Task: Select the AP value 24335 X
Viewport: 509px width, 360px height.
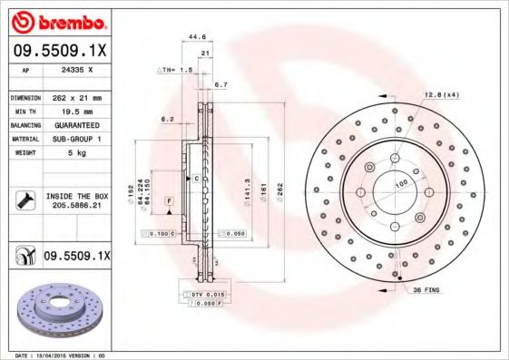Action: [75, 69]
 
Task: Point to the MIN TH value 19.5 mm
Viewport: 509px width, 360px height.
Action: [72, 111]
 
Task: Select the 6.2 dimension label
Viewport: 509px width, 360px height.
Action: [168, 119]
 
